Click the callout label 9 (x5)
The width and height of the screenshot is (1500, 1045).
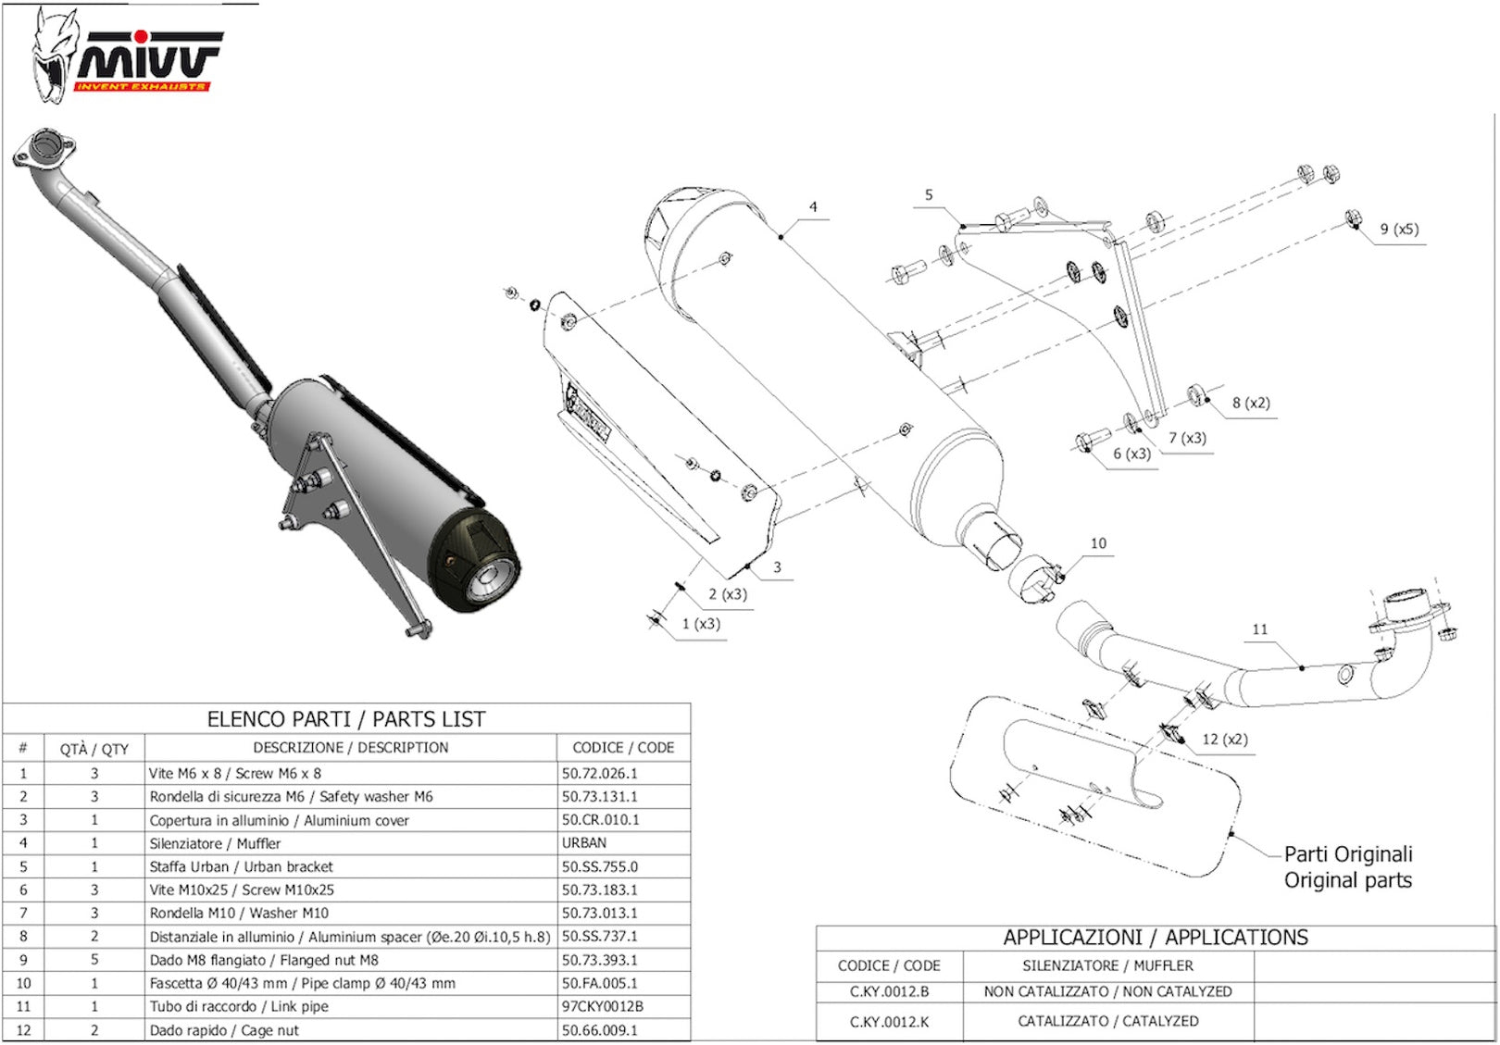1399,229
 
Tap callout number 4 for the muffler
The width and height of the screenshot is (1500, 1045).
813,206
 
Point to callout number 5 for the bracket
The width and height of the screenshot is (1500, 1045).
928,194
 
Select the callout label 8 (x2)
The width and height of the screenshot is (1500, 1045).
1251,403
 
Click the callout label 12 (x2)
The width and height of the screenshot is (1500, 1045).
1225,739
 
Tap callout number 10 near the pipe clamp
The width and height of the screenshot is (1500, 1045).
1098,543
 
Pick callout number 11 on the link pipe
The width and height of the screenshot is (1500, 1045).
1259,629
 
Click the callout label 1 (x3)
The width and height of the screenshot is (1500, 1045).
701,624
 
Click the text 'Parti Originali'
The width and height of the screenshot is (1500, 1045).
1348,854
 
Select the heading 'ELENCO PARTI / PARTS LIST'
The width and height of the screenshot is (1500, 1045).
346,719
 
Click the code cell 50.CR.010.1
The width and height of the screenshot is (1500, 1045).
600,819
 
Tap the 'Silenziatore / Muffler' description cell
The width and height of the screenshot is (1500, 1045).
215,843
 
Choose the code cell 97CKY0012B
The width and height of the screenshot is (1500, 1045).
602,1006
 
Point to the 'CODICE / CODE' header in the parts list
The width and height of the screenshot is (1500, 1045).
623,748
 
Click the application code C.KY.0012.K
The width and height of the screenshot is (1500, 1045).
889,1022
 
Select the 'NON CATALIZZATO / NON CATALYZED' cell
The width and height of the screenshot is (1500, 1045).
1107,991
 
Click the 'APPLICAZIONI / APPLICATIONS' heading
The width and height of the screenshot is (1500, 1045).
1156,938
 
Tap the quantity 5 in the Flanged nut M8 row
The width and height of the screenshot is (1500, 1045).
94,960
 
